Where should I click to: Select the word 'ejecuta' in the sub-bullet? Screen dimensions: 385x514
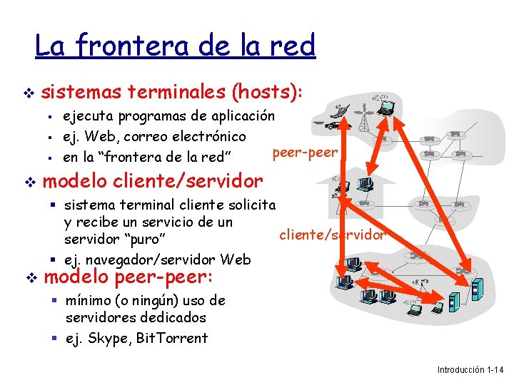click(88, 115)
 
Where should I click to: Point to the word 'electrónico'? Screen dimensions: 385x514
click(210, 135)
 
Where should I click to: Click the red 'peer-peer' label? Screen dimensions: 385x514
click(306, 152)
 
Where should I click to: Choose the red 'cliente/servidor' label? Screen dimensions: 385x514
click(333, 233)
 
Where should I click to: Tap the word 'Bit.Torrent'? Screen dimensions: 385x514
click(171, 338)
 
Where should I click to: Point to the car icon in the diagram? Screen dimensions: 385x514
click(332, 125)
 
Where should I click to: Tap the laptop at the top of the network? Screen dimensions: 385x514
click(386, 108)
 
